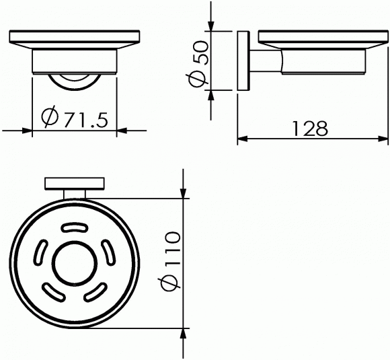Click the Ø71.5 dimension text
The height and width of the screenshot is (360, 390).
(x=75, y=117)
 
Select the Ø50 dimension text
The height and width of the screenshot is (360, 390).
(x=198, y=64)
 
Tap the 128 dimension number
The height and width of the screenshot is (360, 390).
(x=310, y=129)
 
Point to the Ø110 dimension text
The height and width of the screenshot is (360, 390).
(x=171, y=261)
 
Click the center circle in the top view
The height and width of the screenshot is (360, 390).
(x=75, y=262)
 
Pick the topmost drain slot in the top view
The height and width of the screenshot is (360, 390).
(x=75, y=228)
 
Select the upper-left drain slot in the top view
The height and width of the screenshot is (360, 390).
(x=40, y=253)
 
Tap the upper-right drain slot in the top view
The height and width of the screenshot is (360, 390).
(x=109, y=252)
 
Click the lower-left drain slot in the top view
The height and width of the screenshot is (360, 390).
(x=54, y=292)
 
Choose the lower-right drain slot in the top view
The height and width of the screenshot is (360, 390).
(x=95, y=291)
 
